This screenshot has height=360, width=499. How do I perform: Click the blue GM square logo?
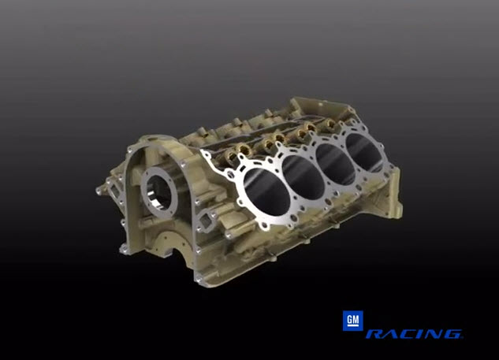(352, 320)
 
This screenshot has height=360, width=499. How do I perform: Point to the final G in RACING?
(452, 335)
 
